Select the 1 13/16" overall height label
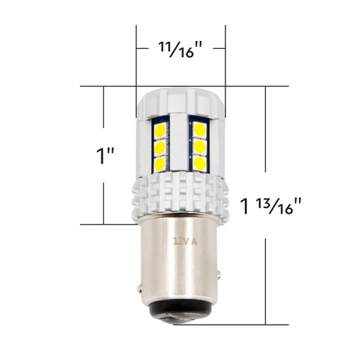point(280,206)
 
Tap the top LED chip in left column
point(161,131)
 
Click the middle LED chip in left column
point(161,148)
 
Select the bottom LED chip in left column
point(161,164)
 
